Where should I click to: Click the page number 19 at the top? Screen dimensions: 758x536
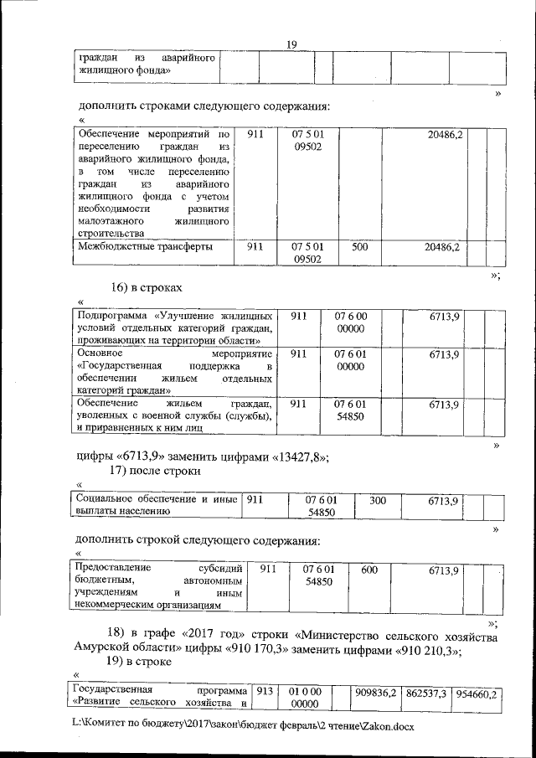point(291,44)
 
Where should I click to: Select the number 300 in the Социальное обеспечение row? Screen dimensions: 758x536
point(378,500)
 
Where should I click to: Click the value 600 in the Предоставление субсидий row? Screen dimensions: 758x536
point(368,570)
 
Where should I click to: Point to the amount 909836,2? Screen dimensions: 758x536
point(375,694)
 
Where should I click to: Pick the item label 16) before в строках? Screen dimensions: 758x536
point(122,287)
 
